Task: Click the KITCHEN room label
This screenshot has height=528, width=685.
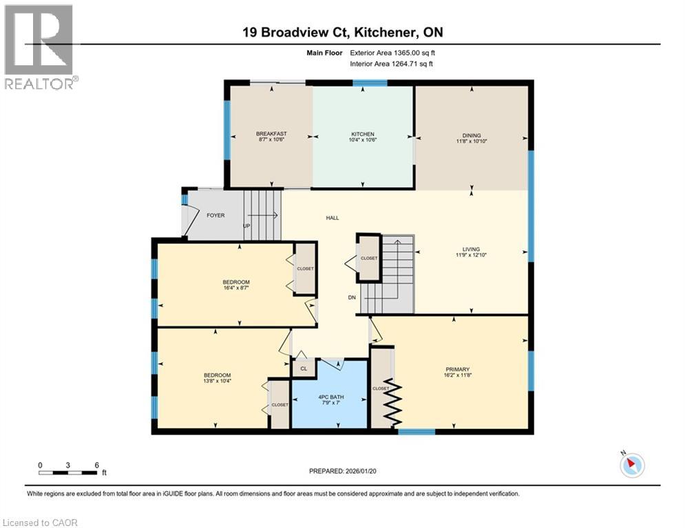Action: click(363, 134)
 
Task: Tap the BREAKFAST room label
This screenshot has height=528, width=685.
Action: click(271, 134)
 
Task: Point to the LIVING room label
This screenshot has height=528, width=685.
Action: click(472, 250)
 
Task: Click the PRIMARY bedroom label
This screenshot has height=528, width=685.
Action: click(457, 369)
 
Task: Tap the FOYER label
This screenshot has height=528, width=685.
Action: click(215, 215)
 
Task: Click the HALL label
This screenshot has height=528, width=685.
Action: click(333, 218)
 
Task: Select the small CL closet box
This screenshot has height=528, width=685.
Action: click(303, 369)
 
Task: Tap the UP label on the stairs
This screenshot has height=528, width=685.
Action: click(246, 226)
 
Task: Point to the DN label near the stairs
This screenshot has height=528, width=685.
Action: click(352, 298)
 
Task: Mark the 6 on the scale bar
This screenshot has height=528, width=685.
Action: click(96, 464)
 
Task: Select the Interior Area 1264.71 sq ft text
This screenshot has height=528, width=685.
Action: click(392, 64)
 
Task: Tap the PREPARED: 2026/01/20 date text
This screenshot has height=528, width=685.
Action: click(342, 471)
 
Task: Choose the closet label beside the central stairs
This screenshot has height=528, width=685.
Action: click(369, 258)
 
